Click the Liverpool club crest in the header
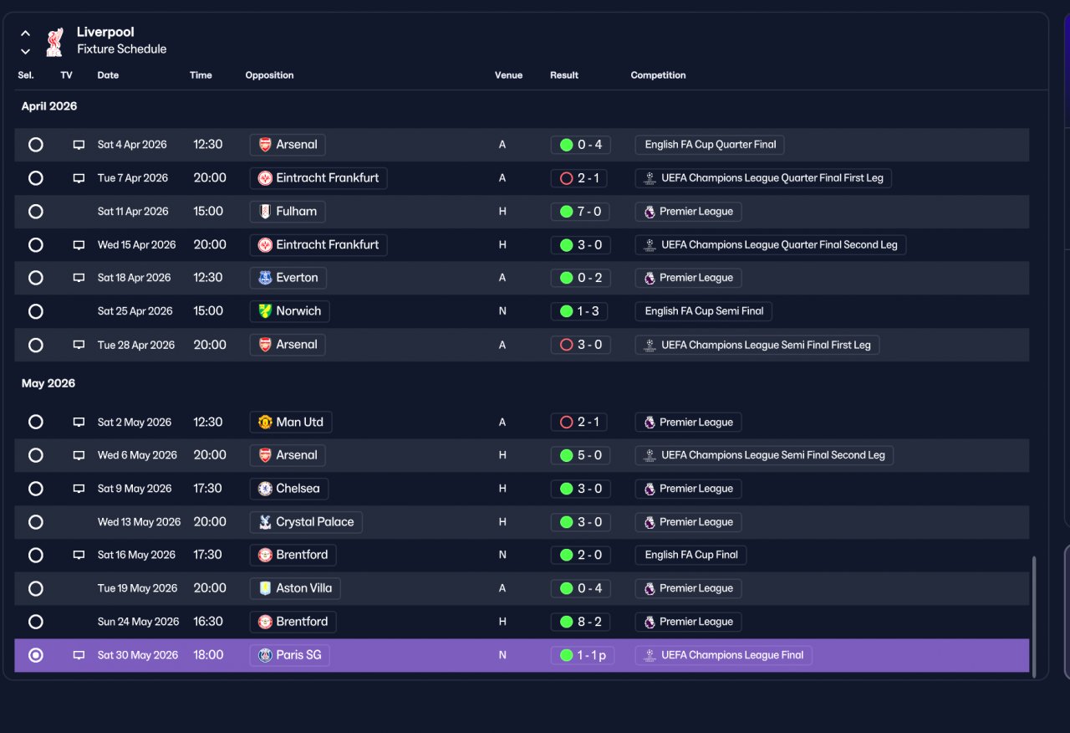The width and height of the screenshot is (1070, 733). coord(55,42)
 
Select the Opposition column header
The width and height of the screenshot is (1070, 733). coord(269,75)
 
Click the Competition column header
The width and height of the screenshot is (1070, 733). coord(658,75)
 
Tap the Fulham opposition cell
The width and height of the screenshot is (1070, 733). coord(288,212)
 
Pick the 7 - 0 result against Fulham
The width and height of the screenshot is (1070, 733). coord(580,212)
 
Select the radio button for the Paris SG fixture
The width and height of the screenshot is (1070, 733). coord(36,655)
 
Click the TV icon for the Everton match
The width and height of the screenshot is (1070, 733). coord(79,278)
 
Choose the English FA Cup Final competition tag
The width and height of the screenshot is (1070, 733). coord(690,555)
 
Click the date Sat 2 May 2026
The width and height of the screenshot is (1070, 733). coord(135,423)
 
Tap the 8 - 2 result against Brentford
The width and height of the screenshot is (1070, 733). coord(580,622)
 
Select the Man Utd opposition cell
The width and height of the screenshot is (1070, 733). coord(291,423)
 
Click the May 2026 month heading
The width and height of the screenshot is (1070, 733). coord(48,383)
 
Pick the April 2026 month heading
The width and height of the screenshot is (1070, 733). coord(49,106)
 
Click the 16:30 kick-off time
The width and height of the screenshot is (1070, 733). coord(208,622)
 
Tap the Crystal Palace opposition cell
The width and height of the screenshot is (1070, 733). coord(306,522)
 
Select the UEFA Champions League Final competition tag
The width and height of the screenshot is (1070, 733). coord(724,655)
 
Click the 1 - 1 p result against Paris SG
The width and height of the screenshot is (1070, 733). coord(583,655)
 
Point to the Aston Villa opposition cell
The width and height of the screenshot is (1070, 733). coord(295,588)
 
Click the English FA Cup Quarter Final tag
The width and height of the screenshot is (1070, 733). coord(710,145)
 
